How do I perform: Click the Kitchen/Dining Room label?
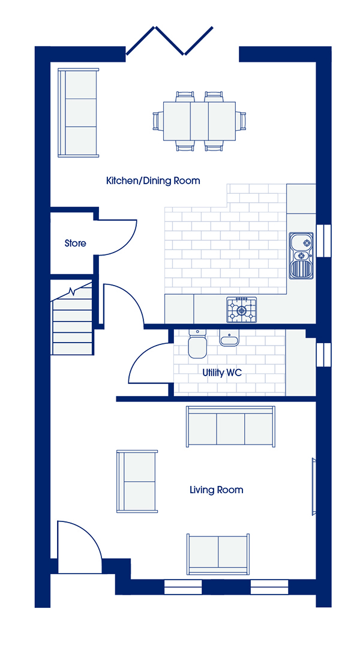(x=153, y=181)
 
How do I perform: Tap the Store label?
(x=75, y=244)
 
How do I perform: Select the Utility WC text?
(x=222, y=373)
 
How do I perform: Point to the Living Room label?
(x=216, y=490)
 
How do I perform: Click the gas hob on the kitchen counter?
(x=241, y=310)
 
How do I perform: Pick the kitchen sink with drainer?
(x=301, y=256)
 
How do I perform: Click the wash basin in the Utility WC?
(x=229, y=337)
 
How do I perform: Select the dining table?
(x=199, y=121)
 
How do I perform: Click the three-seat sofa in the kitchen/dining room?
(x=79, y=112)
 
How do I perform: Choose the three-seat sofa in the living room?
(x=230, y=427)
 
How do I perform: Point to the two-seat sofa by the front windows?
(x=218, y=554)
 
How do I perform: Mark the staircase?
(x=72, y=317)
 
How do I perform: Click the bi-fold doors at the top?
(x=169, y=41)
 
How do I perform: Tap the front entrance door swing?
(x=79, y=547)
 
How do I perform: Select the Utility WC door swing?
(x=149, y=362)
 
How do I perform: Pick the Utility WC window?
(x=323, y=354)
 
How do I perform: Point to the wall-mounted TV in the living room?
(x=314, y=487)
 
